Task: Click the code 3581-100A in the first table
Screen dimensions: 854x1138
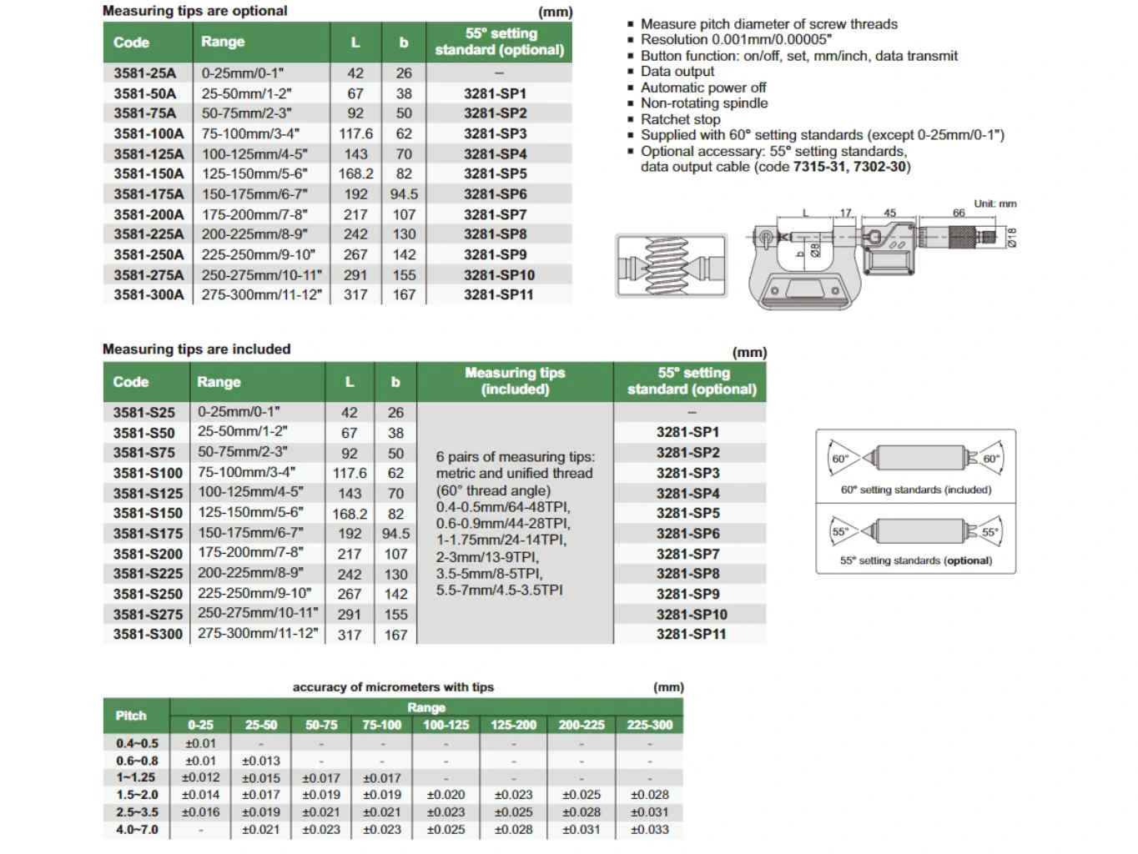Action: click(x=149, y=133)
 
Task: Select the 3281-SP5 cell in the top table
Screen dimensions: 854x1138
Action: click(x=496, y=173)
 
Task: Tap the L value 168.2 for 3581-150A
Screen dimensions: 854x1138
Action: click(x=355, y=173)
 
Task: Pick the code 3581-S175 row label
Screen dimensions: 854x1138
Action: click(x=148, y=533)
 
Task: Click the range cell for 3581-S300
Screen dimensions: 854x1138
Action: click(x=258, y=633)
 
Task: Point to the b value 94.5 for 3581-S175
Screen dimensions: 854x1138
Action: click(x=395, y=533)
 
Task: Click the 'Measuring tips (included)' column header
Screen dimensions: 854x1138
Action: click(x=515, y=381)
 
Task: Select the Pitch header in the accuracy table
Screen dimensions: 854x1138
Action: click(x=131, y=716)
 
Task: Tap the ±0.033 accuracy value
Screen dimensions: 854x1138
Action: click(x=650, y=830)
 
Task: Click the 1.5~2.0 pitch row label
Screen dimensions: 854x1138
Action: click(x=137, y=795)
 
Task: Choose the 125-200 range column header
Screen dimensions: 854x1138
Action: click(x=513, y=725)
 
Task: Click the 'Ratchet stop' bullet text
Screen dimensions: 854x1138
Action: click(x=680, y=119)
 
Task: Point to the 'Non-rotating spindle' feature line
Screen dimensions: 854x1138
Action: click(x=704, y=103)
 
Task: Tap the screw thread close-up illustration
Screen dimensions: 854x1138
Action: click(x=672, y=266)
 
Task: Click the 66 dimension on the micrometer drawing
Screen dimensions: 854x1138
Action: click(x=959, y=213)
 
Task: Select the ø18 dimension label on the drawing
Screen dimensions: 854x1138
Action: click(x=1012, y=238)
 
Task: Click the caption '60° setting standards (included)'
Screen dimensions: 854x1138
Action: click(x=916, y=490)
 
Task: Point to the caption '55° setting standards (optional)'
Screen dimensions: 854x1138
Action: click(x=916, y=560)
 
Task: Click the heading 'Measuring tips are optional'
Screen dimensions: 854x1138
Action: click(x=194, y=11)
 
